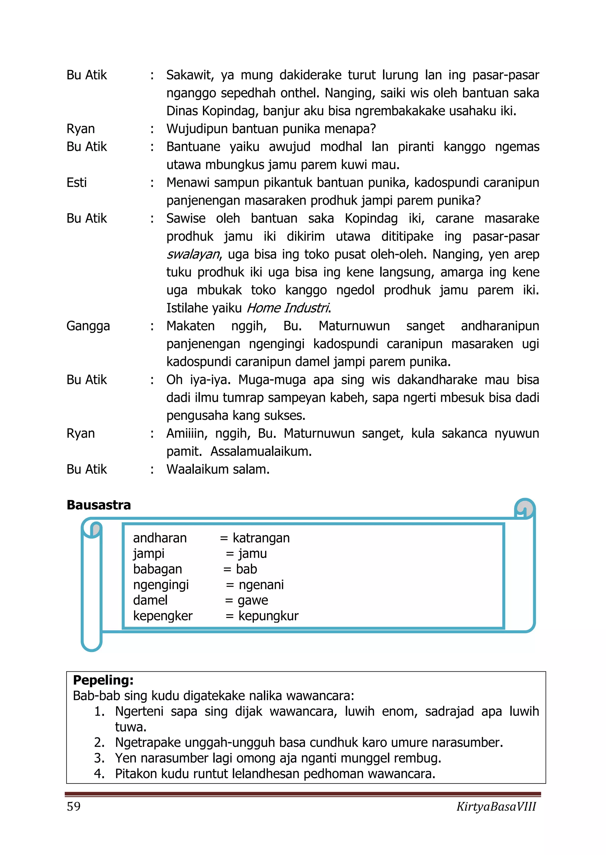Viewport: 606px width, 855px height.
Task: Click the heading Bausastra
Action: [x=99, y=505]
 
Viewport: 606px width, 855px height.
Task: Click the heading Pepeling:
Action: [x=103, y=680]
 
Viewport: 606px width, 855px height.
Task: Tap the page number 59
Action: [x=73, y=806]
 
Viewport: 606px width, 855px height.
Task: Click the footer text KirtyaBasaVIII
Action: [x=496, y=807]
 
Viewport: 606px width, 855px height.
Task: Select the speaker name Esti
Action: [x=77, y=182]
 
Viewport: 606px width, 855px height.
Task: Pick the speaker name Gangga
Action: [x=88, y=326]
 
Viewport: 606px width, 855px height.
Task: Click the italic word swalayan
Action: [x=193, y=254]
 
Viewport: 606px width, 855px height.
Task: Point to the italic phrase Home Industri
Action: [x=288, y=308]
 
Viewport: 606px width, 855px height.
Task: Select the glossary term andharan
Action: [x=160, y=538]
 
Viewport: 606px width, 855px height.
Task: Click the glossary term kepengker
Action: [x=163, y=616]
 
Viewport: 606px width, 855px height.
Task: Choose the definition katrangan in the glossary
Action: [x=261, y=538]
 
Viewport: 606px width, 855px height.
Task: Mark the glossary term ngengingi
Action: [x=161, y=585]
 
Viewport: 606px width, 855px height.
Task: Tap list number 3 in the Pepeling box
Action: [x=99, y=758]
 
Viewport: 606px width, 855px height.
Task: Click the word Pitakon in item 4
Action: [x=136, y=774]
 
